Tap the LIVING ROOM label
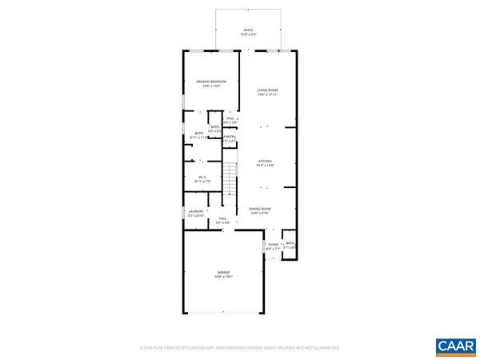point(266,90)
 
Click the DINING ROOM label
point(260,208)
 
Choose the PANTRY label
point(228,137)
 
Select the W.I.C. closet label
point(203,177)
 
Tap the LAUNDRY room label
point(196,212)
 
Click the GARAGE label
point(222,272)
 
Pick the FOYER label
point(273,244)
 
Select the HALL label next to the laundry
point(223,218)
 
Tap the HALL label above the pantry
point(230,118)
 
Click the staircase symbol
point(230,180)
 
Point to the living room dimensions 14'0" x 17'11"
point(266,94)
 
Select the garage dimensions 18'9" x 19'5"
point(222,277)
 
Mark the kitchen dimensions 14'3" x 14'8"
point(265,166)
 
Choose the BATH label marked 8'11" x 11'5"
point(198,137)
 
